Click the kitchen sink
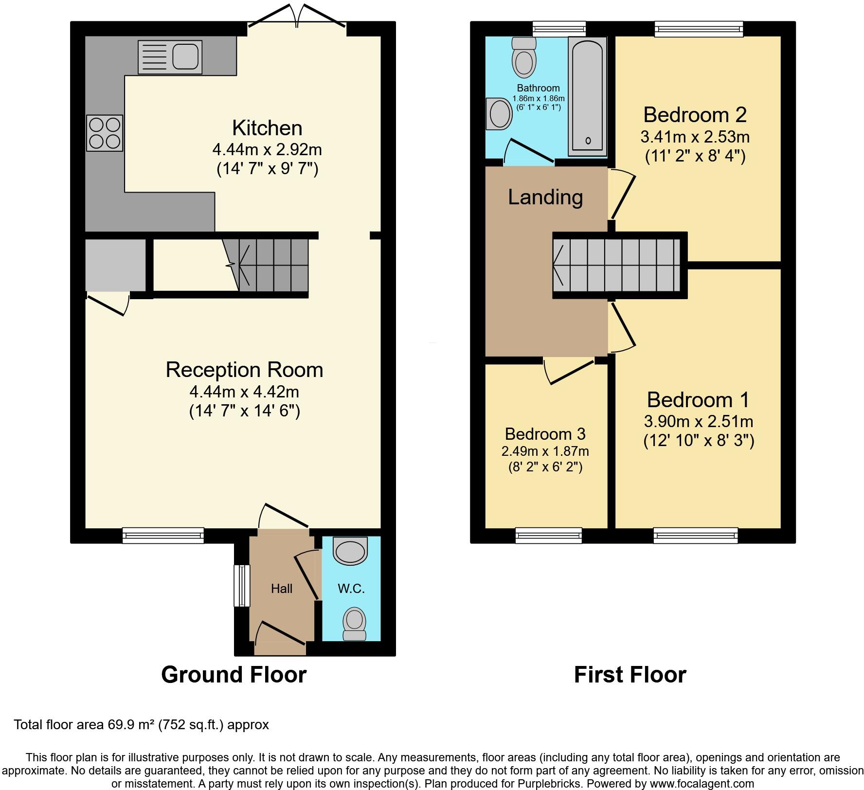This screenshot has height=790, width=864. (x=170, y=57)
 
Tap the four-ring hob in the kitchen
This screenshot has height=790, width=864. (x=105, y=133)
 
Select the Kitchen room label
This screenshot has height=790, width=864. (x=267, y=128)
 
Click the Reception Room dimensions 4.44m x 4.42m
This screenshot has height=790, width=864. (x=244, y=391)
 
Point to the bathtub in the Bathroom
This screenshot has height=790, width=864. (x=587, y=96)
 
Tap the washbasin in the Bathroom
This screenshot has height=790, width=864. (x=499, y=114)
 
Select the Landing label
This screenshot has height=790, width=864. (x=545, y=197)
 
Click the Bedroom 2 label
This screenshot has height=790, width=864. (x=695, y=115)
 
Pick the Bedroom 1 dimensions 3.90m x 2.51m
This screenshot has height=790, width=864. (x=699, y=421)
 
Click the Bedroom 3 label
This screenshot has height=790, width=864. (x=545, y=433)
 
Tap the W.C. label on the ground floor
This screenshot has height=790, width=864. (x=351, y=589)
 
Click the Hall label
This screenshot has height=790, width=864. (x=282, y=589)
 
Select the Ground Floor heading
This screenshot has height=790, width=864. (x=234, y=675)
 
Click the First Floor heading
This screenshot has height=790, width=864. (x=630, y=675)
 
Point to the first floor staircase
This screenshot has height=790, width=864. (x=619, y=265)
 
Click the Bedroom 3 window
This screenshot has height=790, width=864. (x=548, y=536)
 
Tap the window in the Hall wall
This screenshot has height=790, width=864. (x=242, y=586)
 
